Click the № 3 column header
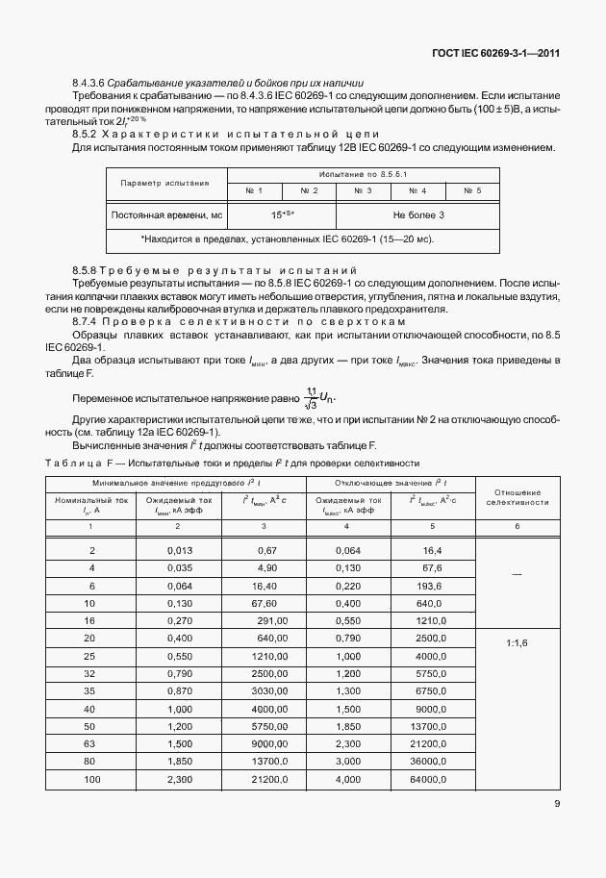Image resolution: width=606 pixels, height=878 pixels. pos(363,190)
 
